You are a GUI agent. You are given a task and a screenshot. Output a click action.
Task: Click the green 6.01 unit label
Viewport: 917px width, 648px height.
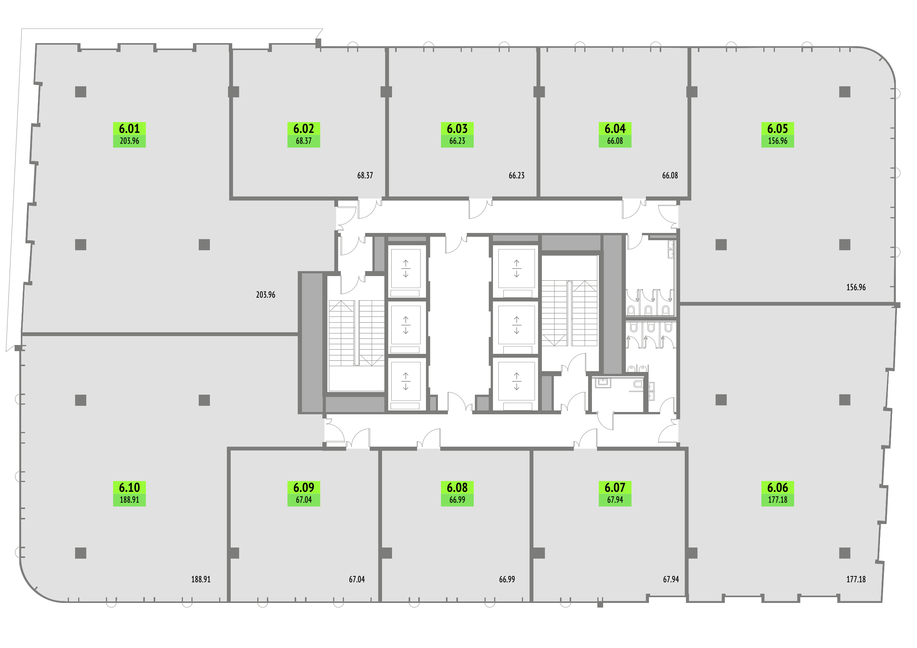click(129, 135)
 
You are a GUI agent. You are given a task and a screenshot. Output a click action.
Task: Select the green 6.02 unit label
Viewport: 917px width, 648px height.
click(303, 135)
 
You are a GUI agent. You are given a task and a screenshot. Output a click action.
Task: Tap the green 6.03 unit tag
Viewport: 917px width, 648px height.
click(457, 135)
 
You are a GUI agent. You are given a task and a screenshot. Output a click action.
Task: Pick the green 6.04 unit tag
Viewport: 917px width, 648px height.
click(615, 135)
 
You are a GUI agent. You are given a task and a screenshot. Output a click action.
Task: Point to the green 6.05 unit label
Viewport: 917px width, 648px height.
click(778, 135)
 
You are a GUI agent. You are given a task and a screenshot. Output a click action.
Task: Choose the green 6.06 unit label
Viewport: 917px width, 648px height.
click(778, 494)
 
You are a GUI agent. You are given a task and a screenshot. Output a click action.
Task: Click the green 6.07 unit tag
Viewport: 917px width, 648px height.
click(615, 494)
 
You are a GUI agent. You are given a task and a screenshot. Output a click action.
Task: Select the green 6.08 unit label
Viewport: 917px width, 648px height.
click(457, 494)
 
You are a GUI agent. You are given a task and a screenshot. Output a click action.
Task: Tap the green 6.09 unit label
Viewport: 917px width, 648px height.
click(303, 494)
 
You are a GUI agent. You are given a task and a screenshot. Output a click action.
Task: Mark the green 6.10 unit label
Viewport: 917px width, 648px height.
click(129, 494)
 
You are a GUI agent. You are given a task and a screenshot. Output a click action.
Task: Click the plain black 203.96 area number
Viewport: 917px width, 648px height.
click(266, 295)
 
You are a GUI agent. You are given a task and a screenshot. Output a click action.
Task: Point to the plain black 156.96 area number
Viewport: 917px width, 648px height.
click(856, 287)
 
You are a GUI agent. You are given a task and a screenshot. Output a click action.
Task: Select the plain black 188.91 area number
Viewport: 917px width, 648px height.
click(201, 579)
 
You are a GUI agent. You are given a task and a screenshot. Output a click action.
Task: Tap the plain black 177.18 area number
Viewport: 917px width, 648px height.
click(856, 579)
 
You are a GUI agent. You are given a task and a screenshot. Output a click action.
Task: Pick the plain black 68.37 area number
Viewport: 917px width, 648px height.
click(365, 175)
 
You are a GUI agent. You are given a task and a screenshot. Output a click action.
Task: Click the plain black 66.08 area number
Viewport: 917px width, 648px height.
click(670, 175)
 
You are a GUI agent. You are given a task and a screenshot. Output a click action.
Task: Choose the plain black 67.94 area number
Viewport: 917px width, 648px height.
click(671, 579)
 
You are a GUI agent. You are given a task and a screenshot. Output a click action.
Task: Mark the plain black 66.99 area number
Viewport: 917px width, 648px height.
click(507, 579)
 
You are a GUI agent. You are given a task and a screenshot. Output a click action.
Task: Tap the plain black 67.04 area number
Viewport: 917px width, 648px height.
click(357, 579)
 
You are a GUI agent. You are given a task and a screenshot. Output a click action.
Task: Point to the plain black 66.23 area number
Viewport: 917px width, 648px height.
click(517, 175)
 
